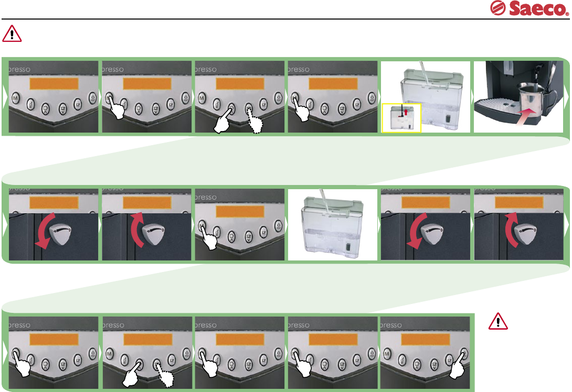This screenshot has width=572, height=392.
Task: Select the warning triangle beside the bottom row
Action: [497, 321]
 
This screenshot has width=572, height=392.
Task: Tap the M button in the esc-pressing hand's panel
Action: [387, 355]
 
